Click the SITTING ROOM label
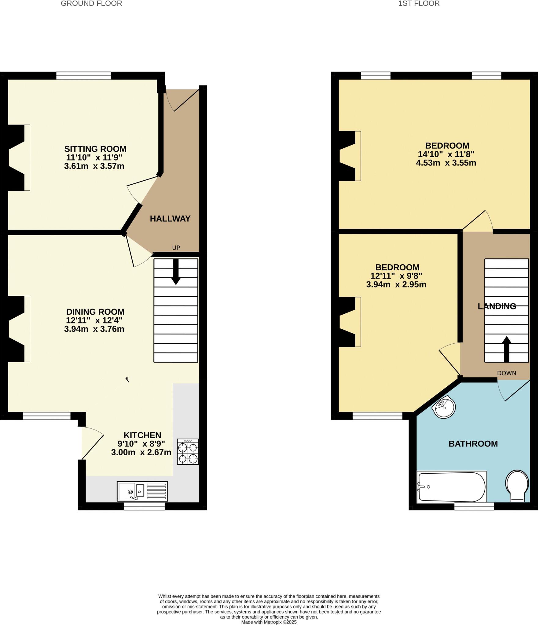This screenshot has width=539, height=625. click(x=95, y=149)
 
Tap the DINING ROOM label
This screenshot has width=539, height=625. click(x=95, y=312)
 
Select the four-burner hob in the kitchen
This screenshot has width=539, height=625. click(x=188, y=452)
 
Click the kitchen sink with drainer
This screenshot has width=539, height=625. click(x=142, y=491)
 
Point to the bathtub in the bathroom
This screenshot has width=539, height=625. click(x=451, y=487)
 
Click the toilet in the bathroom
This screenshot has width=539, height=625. click(x=517, y=485)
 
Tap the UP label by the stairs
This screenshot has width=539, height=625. click(x=176, y=248)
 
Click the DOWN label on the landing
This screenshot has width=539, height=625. click(x=507, y=373)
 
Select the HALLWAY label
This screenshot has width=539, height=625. click(x=170, y=219)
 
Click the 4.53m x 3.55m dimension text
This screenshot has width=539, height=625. click(x=446, y=163)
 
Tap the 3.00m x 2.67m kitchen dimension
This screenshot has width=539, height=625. click(x=141, y=452)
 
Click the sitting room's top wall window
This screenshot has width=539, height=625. click(x=83, y=76)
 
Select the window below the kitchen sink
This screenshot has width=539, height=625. click(x=144, y=506)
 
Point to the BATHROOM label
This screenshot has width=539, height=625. click(x=473, y=444)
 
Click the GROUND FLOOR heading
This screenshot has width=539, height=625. click(x=91, y=4)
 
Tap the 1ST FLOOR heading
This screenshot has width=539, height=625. click(x=419, y=4)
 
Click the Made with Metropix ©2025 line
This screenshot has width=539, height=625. click(x=269, y=622)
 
